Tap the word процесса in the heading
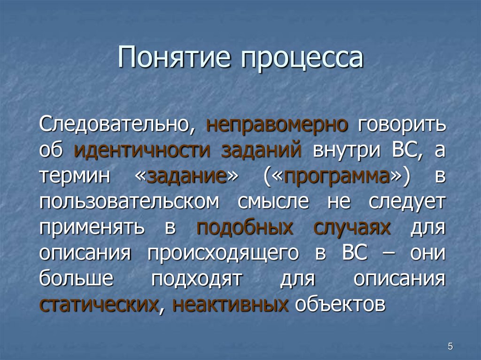click(303, 59)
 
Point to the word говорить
click(402, 125)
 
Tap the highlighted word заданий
click(261, 151)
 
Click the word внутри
click(347, 151)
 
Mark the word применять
click(92, 228)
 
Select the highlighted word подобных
click(245, 228)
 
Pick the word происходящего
click(223, 253)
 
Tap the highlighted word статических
click(99, 305)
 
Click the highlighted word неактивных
click(231, 305)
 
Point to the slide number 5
click(450, 346)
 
